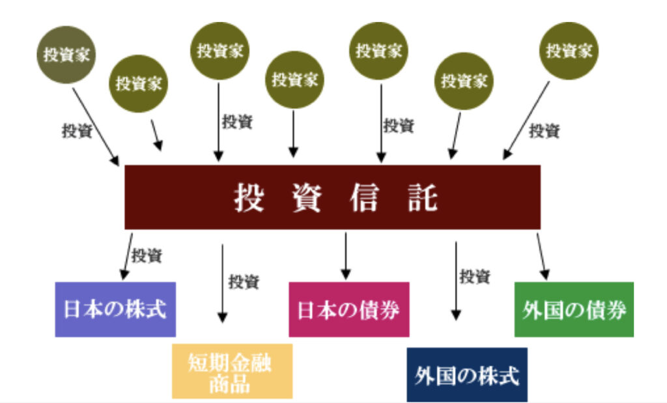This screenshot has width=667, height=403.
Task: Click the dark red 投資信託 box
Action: click(x=332, y=197)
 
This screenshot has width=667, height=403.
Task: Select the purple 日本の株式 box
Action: click(x=115, y=309)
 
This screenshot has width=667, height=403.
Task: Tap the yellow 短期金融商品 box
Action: click(x=232, y=370)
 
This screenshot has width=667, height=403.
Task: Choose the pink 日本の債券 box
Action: click(x=348, y=309)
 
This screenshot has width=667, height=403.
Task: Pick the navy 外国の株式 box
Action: click(x=466, y=374)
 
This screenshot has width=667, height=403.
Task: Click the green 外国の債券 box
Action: click(x=574, y=309)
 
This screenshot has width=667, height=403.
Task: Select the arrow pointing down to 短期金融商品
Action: click(x=223, y=283)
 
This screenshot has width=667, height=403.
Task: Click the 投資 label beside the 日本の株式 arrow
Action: click(x=147, y=255)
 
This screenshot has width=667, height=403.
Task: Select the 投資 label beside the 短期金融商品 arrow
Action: click(x=244, y=282)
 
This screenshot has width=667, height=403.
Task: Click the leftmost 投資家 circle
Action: click(x=65, y=54)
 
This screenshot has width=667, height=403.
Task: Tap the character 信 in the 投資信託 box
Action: click(x=363, y=197)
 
